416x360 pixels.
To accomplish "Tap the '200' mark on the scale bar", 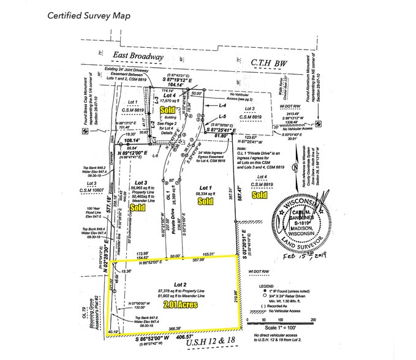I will tap(313, 320).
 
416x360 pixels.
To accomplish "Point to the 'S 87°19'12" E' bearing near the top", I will tap(176, 80).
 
